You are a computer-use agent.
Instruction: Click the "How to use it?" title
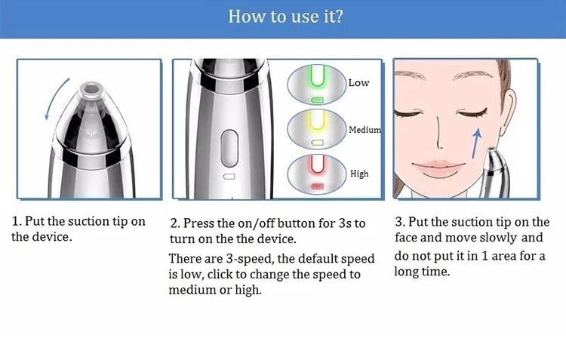pyautogui.click(x=285, y=17)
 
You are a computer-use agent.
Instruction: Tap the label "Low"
pyautogui.click(x=358, y=83)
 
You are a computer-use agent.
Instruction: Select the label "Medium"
pyautogui.click(x=365, y=129)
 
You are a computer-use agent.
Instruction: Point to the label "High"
pyautogui.click(x=359, y=174)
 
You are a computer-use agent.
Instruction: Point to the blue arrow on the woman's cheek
pyautogui.click(x=476, y=143)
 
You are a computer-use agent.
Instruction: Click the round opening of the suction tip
pyautogui.click(x=91, y=88)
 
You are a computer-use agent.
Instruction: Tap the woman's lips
pyautogui.click(x=438, y=168)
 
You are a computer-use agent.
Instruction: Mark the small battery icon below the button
pyautogui.click(x=229, y=177)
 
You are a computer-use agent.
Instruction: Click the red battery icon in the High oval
pyautogui.click(x=317, y=186)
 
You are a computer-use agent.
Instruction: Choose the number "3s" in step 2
pyautogui.click(x=344, y=223)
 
